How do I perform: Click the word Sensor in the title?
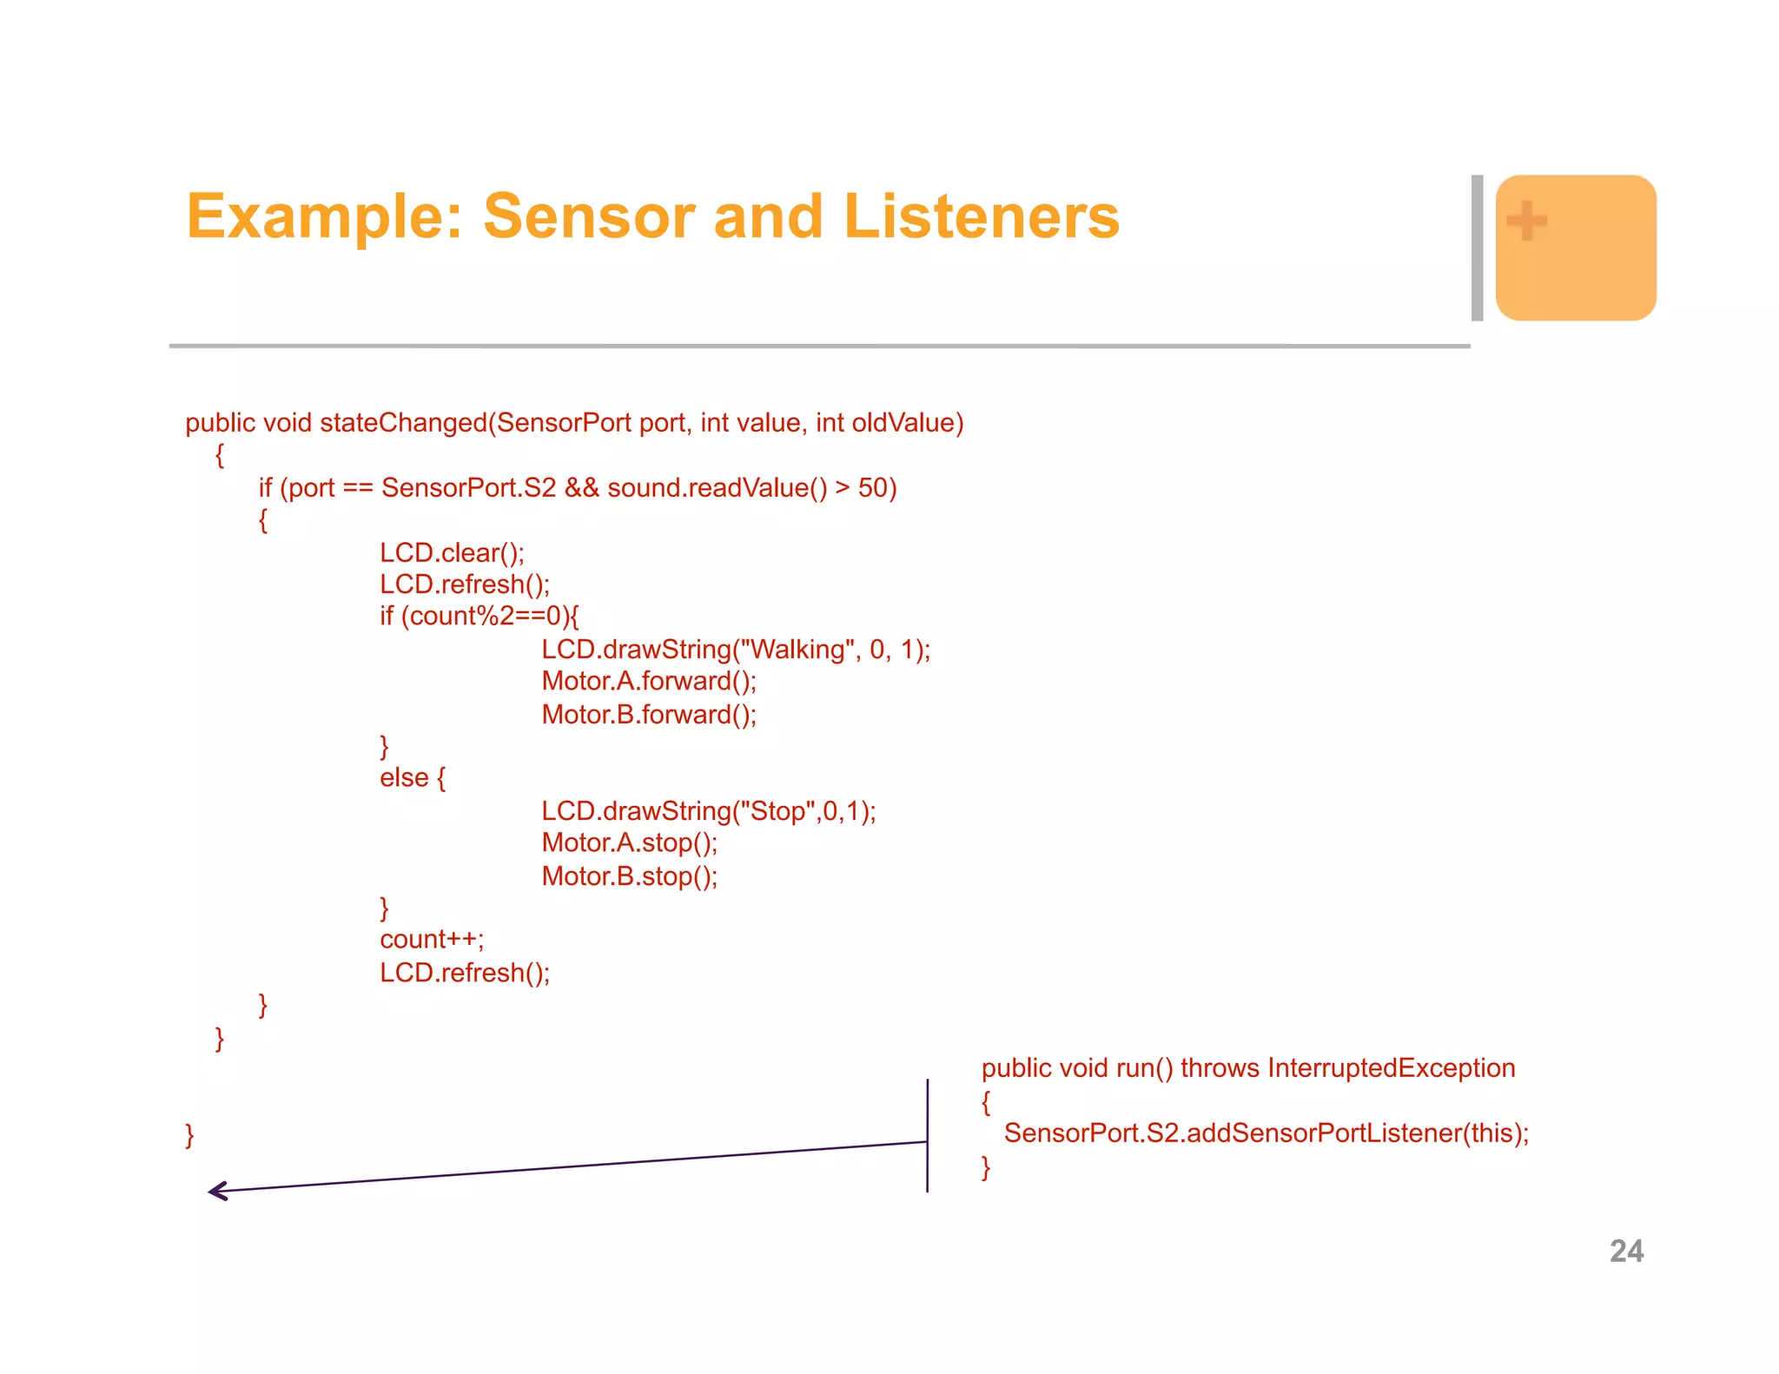(588, 216)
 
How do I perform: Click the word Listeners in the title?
(981, 216)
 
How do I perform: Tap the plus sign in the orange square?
(1526, 221)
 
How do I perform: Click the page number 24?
(1626, 1251)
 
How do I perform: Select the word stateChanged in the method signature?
(403, 423)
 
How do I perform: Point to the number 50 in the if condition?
(872, 488)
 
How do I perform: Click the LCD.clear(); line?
(452, 553)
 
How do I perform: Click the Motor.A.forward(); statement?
(649, 681)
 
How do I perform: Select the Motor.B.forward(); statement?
(649, 715)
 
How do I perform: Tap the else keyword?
(404, 777)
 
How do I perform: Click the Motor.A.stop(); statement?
(630, 842)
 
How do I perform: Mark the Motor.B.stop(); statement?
(630, 876)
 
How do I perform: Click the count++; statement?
(432, 940)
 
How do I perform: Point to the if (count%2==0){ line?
(479, 616)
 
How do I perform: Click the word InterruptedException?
(1391, 1068)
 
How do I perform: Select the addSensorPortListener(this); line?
(1266, 1133)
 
